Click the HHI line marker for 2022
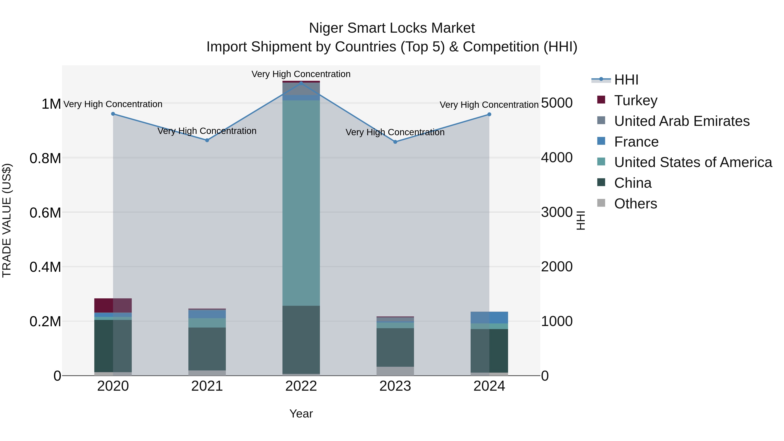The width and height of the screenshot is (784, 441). pos(301,83)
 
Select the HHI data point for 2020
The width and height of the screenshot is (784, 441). pos(113,114)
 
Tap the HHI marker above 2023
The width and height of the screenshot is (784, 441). pos(395,142)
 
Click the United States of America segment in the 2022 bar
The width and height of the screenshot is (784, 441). pos(301,203)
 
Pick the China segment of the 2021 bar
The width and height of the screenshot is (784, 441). pos(207,349)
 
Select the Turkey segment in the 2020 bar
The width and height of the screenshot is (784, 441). pos(113,305)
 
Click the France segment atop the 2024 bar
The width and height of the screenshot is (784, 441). pos(489,318)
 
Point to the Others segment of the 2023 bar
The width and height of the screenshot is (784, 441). pos(395,371)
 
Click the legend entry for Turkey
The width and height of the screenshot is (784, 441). pos(635,100)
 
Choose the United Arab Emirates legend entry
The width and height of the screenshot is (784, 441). pos(681,121)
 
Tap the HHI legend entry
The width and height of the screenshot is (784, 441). pos(626,80)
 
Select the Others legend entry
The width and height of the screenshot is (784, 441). pos(635,204)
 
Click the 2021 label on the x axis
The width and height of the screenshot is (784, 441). pos(207,386)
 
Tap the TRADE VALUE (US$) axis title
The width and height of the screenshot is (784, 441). pos(7,220)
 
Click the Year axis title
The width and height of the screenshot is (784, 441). pos(301,414)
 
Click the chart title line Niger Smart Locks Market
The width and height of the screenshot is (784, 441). pos(392,28)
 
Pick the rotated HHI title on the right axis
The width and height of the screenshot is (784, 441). pos(581,220)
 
